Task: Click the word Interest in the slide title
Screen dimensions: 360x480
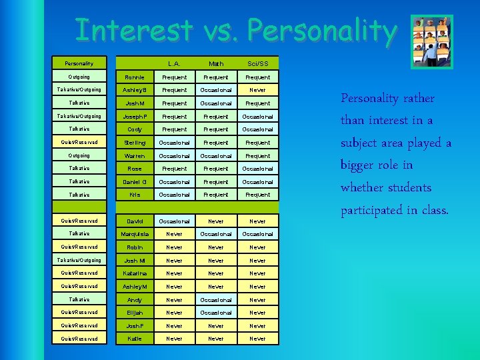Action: tap(134, 31)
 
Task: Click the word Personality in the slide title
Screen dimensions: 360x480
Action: tap(321, 31)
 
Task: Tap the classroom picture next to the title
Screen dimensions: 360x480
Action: tap(431, 41)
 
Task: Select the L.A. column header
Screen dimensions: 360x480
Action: tap(175, 64)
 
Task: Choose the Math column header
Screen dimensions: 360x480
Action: tap(216, 64)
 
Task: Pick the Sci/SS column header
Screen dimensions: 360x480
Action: tap(257, 64)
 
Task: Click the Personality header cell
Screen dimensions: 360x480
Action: tap(79, 64)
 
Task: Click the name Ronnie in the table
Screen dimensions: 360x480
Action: tap(135, 77)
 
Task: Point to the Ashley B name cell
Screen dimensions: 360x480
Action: tap(135, 90)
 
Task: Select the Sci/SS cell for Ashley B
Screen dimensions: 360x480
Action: tap(257, 90)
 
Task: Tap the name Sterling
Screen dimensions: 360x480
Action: tap(135, 143)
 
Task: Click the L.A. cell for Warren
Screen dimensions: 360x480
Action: tap(175, 156)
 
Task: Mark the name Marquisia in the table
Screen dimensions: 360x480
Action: tap(135, 234)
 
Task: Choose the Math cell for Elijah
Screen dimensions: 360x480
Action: tap(216, 313)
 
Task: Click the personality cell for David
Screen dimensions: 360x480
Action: tap(79, 221)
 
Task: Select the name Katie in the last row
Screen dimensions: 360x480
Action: tap(135, 339)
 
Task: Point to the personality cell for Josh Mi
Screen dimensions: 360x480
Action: tap(79, 260)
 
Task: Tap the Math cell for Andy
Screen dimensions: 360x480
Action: tap(216, 300)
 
